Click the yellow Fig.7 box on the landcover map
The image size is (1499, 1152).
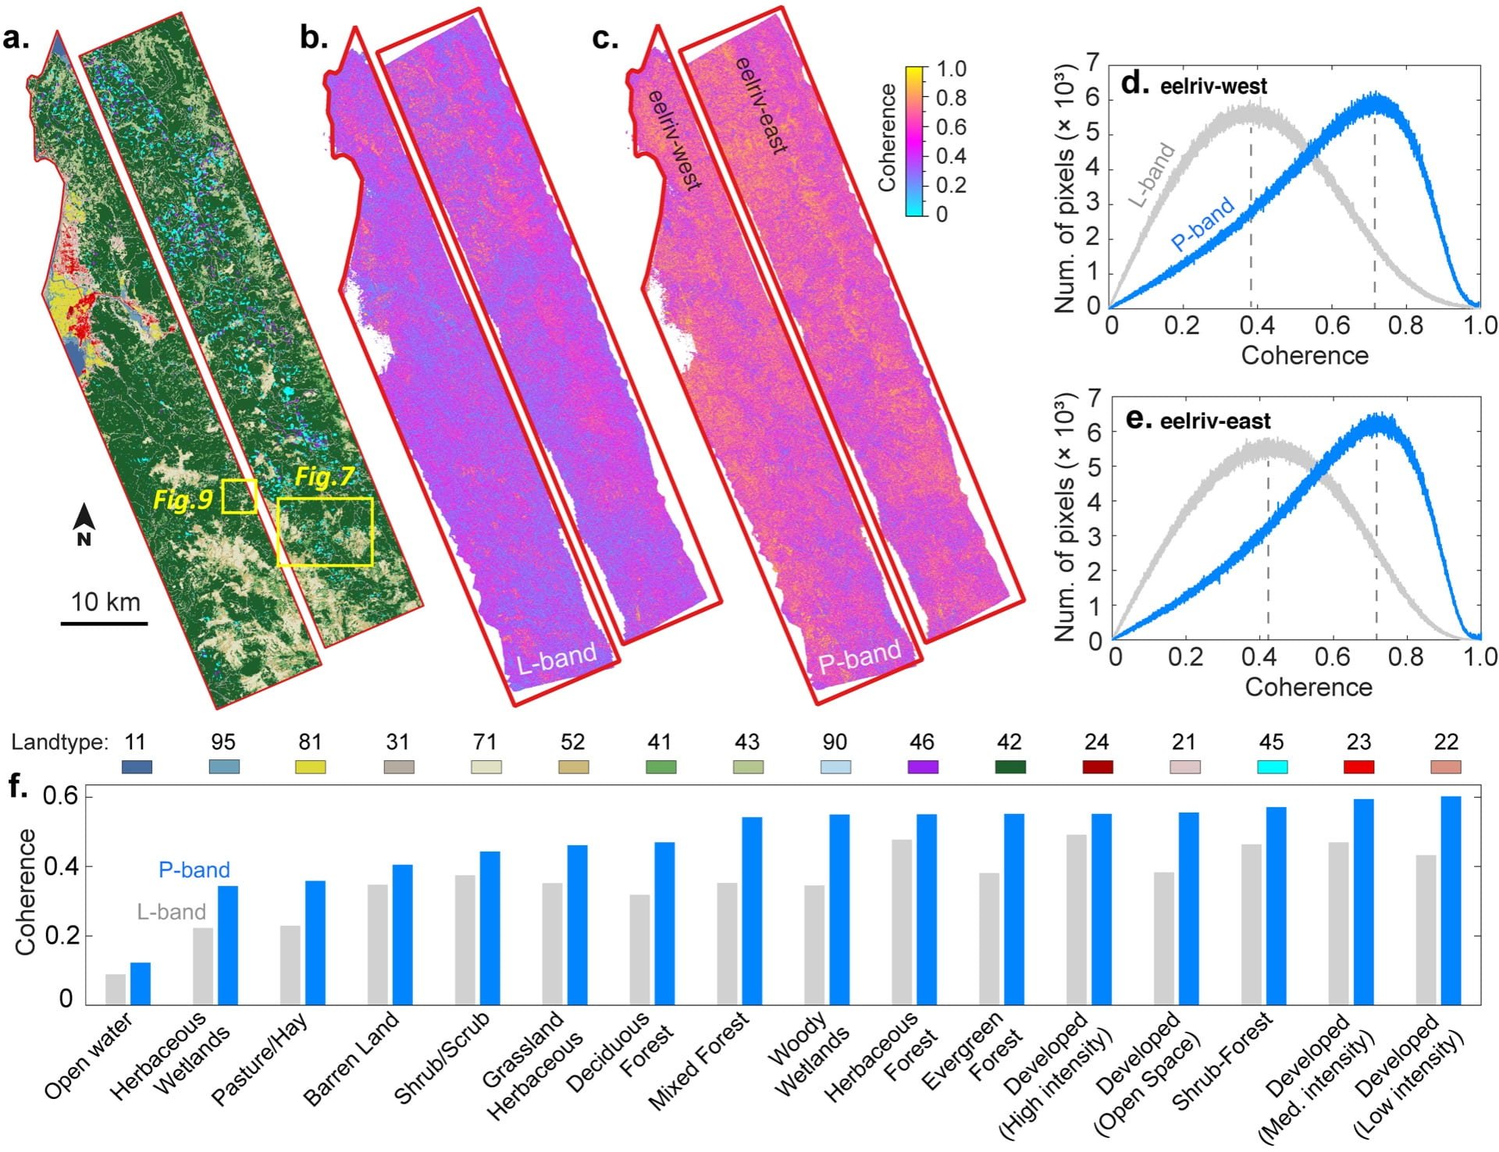tap(325, 532)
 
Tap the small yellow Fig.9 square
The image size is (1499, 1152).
tap(239, 496)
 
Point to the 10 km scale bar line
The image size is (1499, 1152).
tap(105, 624)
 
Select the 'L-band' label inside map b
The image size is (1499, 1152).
tap(556, 659)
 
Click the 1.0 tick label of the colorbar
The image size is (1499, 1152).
tap(951, 69)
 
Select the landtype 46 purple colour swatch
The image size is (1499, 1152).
tap(922, 767)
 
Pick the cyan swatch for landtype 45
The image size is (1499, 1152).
tap(1271, 767)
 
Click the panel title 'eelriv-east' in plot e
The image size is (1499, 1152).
tap(1215, 422)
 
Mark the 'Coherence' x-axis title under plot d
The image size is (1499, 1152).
tap(1305, 356)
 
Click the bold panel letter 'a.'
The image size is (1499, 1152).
tap(16, 37)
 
